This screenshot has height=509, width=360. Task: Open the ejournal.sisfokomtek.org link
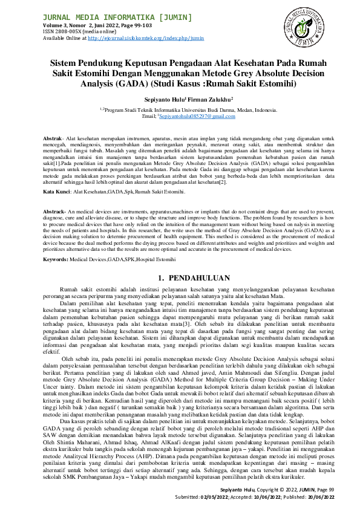click(x=145, y=37)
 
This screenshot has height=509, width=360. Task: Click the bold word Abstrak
click(x=54, y=140)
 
